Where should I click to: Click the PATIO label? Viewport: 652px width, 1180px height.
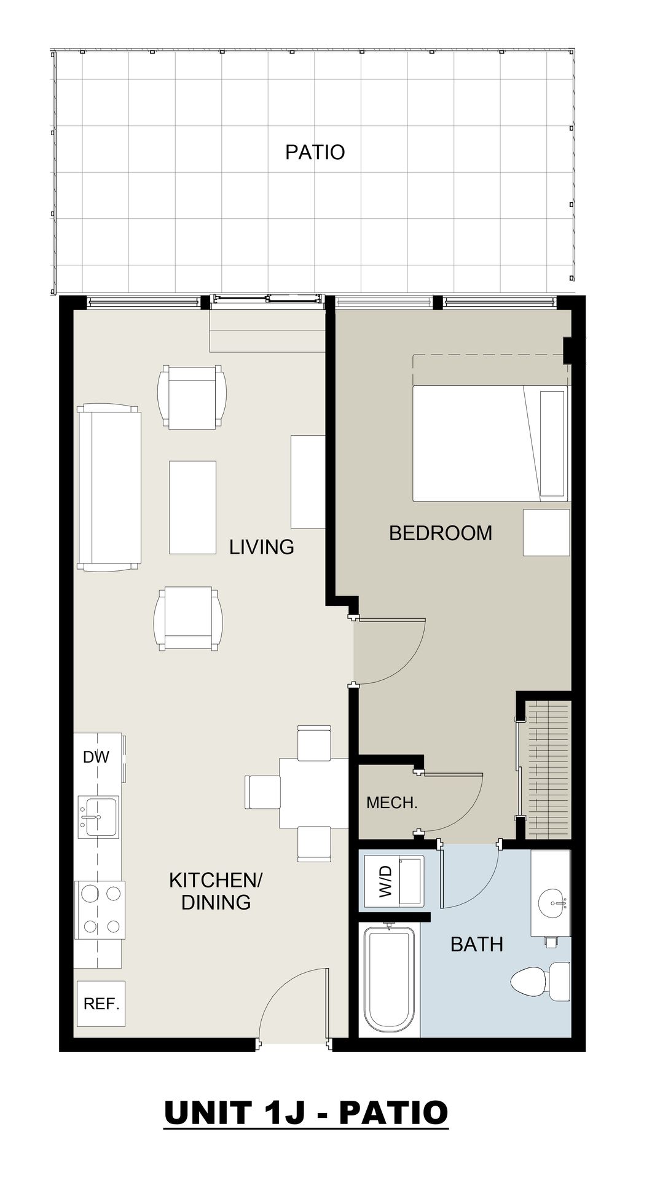[315, 152]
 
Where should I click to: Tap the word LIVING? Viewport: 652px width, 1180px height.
[262, 546]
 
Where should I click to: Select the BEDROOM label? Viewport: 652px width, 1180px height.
[441, 533]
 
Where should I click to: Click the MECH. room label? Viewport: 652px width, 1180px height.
[392, 803]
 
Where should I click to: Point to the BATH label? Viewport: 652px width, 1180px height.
[477, 944]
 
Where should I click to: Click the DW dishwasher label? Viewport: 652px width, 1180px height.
[96, 757]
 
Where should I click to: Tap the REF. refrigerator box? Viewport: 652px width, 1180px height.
[101, 1004]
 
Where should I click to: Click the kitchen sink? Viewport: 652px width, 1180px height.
[98, 816]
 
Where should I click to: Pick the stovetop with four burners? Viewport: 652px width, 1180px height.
[100, 910]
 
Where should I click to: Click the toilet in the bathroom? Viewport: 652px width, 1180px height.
[541, 981]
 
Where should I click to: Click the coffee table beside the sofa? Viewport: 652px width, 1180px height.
[192, 508]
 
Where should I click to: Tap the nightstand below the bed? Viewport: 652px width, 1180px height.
[546, 532]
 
